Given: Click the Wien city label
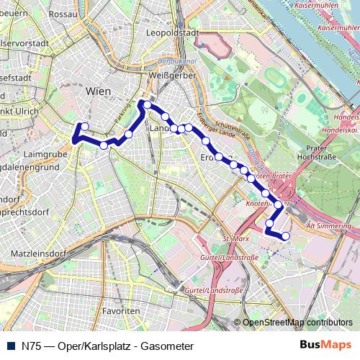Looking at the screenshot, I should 98,91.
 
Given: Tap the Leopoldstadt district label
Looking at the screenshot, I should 171,33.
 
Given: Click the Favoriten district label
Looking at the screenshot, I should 120,310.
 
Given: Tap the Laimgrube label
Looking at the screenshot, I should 45,153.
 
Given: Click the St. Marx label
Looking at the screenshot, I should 235,238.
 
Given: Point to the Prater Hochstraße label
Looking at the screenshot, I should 322,152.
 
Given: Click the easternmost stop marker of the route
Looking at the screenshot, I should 286,236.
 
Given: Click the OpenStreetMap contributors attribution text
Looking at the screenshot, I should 297,323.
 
